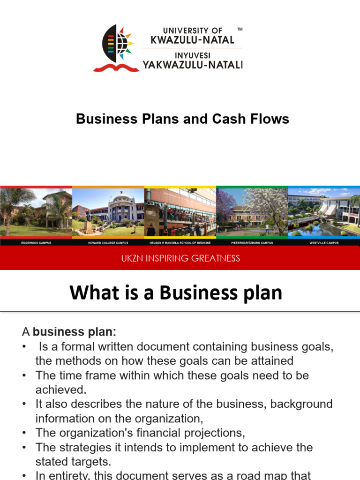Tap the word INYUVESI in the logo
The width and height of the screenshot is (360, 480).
(192, 55)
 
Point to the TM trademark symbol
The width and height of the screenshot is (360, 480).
(240, 29)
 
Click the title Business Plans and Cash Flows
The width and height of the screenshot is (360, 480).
(182, 119)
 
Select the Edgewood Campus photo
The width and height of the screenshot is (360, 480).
(36, 212)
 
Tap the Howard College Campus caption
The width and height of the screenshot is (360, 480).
(108, 243)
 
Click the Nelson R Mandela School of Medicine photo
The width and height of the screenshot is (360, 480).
(180, 212)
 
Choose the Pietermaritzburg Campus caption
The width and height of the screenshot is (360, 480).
(252, 243)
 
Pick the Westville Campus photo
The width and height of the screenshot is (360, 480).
(324, 212)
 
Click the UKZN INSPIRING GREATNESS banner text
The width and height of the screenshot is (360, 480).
(180, 258)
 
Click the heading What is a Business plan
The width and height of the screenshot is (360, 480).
(176, 293)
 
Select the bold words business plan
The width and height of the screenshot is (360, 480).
(73, 332)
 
